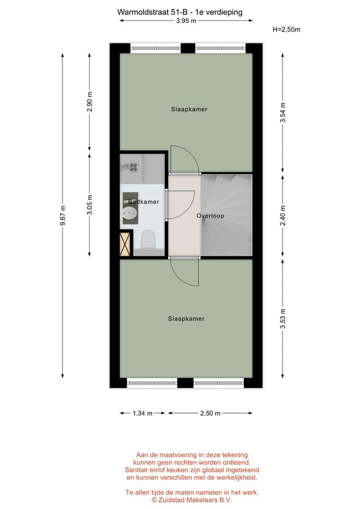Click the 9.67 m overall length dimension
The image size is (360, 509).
63,215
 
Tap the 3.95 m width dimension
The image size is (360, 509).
186,21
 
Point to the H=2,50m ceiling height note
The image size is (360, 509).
286,30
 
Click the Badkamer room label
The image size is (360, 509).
141,202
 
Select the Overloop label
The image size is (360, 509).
210,216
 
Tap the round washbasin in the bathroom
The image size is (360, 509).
129,214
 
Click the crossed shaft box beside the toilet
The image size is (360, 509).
126,244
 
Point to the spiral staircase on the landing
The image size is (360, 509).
227,215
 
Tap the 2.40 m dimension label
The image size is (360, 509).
283,215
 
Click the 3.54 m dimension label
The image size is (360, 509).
283,112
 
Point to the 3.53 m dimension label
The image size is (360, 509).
283,319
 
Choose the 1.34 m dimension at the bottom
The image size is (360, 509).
142,413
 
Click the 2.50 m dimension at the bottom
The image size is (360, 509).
210,413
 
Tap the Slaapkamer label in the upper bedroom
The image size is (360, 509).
189,109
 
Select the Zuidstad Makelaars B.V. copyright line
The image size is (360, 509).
192,499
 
